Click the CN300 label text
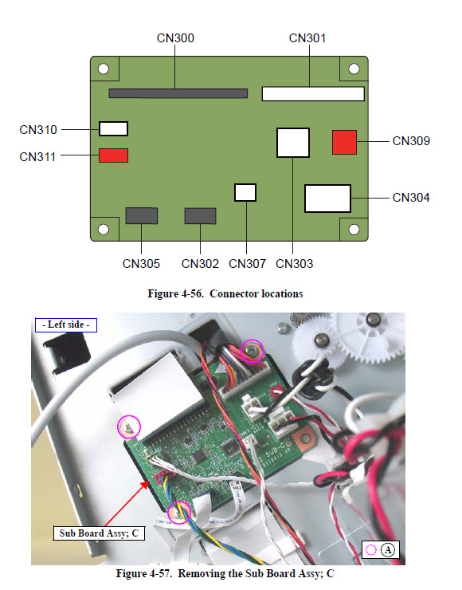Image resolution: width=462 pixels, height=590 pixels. point(175,38)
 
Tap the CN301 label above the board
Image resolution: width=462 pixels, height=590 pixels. point(307,38)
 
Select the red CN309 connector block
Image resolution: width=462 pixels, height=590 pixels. point(344,142)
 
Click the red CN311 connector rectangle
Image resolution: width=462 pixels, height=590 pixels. point(114,155)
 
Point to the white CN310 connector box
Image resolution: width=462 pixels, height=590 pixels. point(114,128)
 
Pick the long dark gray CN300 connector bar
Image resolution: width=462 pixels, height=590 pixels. point(178,93)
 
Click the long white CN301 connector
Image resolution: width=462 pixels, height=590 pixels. point(313,94)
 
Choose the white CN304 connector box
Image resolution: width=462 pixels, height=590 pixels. point(328,199)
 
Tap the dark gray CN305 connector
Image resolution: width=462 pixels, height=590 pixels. point(141,215)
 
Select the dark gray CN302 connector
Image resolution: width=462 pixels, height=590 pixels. point(200,216)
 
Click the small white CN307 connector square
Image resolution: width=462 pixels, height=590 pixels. point(245,193)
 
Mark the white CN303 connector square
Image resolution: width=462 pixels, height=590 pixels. point(293,143)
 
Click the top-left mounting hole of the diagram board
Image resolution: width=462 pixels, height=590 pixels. point(104,69)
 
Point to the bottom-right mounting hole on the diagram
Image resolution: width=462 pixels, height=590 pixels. point(354,229)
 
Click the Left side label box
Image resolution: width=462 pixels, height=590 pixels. point(66,325)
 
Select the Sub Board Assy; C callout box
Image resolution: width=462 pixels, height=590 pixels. point(99,533)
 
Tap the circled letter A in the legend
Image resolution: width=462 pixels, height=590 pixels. point(388,550)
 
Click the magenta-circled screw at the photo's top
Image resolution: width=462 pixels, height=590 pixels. point(253,351)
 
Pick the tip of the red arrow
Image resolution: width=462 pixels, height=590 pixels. point(148,481)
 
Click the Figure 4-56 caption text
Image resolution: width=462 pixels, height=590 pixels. point(225,293)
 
